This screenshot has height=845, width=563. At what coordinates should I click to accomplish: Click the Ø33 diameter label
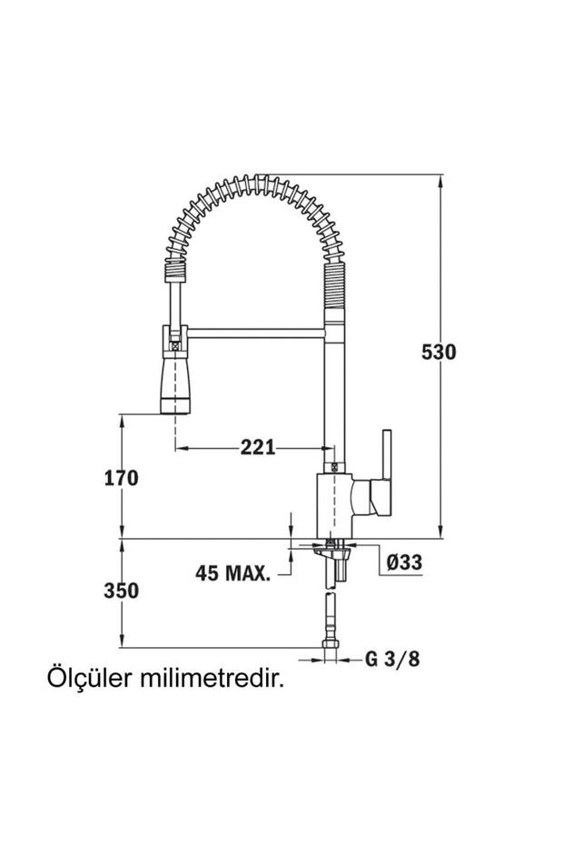coord(403,562)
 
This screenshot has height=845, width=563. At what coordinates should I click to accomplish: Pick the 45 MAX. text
coord(233,573)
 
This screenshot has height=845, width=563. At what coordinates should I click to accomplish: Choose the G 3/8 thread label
coord(392,659)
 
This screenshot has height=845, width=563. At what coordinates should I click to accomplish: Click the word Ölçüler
coord(87,680)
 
